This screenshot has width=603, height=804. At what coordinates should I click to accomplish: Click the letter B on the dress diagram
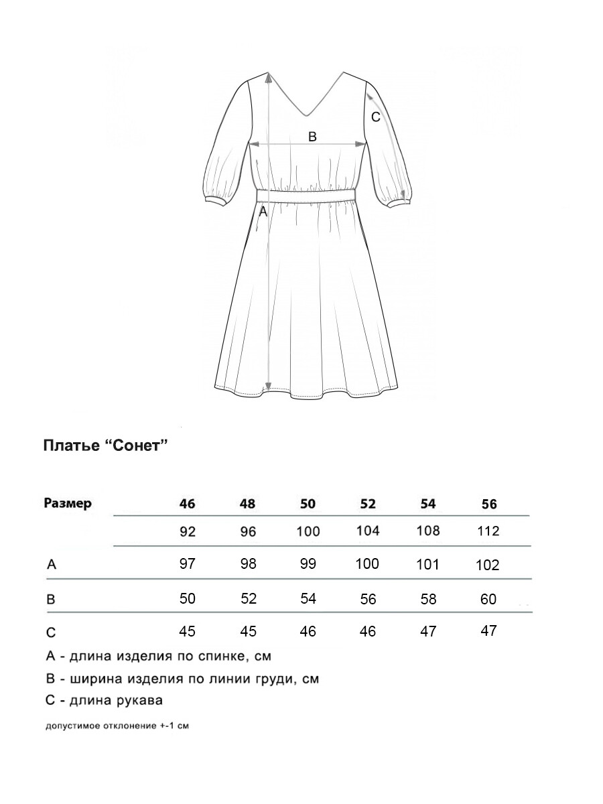312,137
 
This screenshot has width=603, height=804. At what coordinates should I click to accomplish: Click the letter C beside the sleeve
376,117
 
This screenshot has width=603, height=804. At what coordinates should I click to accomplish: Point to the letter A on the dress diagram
263,212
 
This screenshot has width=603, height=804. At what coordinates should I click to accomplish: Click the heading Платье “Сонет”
105,446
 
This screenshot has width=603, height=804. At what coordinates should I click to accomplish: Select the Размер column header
67,504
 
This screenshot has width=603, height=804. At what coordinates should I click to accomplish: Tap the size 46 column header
188,505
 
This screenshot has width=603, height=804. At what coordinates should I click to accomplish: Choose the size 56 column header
489,505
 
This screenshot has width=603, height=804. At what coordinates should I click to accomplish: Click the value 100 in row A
367,563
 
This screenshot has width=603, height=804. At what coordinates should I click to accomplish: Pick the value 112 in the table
489,531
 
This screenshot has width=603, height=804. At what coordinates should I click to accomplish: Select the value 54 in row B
308,598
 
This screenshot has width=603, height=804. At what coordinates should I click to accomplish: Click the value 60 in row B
489,599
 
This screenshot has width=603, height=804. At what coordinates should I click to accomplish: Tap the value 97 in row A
188,563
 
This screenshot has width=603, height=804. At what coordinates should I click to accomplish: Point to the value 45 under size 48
248,631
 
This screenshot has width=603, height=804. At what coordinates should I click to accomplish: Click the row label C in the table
51,632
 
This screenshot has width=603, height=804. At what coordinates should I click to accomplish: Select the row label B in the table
51,599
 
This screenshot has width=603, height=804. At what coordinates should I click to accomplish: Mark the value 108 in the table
428,531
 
